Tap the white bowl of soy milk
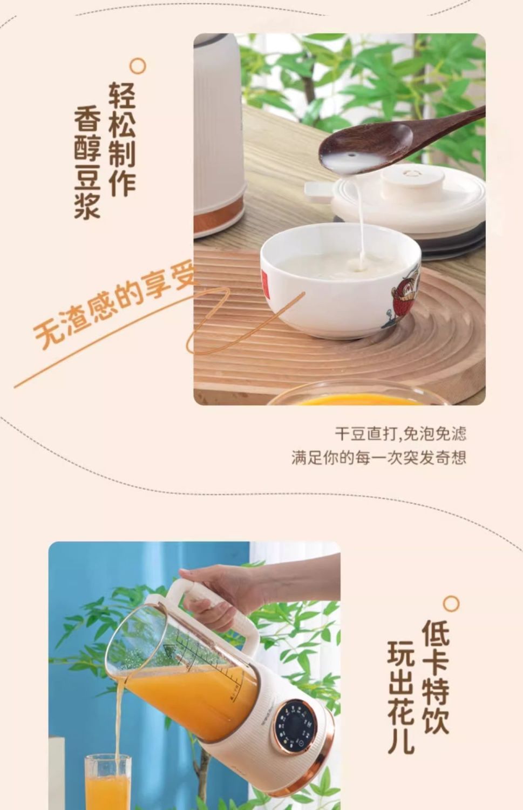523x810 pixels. pos(341,281)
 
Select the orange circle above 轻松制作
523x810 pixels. pos(138,66)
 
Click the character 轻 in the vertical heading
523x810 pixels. pos(123,95)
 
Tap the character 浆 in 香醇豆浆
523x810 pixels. pos(87,205)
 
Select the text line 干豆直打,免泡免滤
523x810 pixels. pos(400,434)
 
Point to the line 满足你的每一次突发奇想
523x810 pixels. pos(379,458)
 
